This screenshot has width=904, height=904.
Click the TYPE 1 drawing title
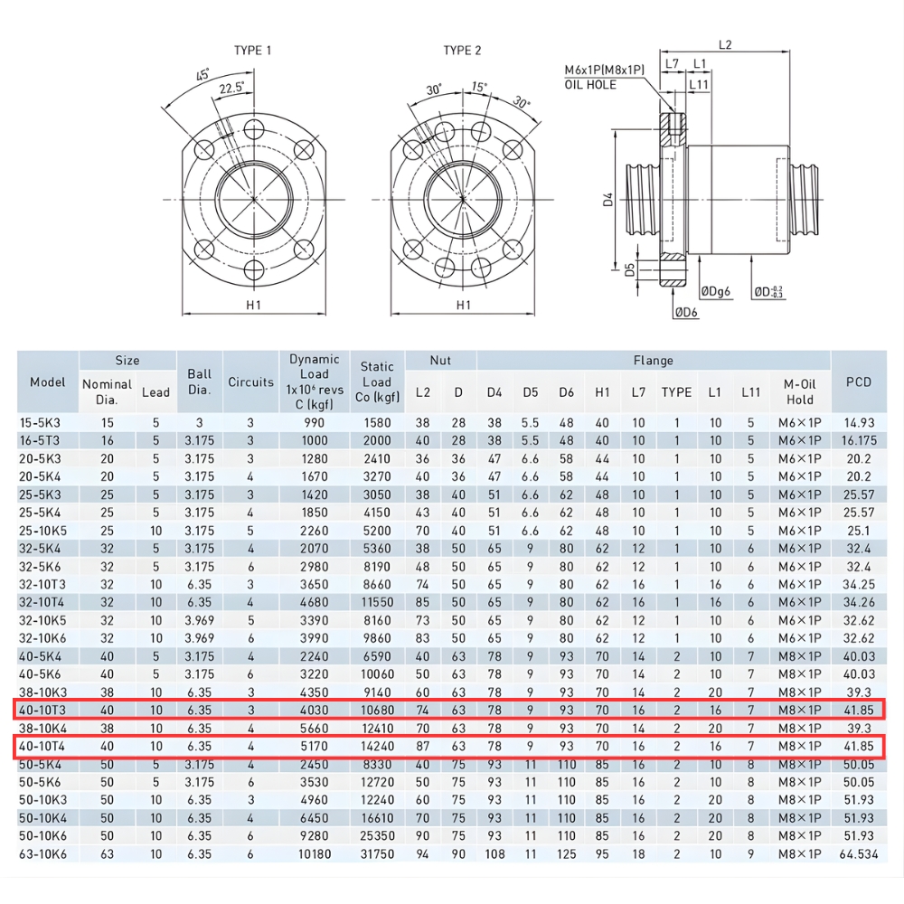point(253,51)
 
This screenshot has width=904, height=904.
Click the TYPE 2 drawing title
point(462,51)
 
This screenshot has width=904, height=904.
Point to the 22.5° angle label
point(233,89)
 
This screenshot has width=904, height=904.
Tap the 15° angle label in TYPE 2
point(479,88)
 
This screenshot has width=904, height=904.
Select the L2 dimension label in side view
point(725,44)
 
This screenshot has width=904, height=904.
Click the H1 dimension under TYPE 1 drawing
point(253,305)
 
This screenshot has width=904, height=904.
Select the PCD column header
point(858,382)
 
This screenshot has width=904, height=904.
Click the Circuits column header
point(250,382)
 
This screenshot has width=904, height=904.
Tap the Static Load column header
point(377,382)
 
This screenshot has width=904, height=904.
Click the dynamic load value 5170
point(314,746)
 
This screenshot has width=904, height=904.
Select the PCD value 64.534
point(858,852)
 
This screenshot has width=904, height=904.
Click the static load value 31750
point(377,852)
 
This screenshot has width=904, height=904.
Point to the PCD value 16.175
point(858,440)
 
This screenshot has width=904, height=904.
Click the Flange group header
point(653,361)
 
